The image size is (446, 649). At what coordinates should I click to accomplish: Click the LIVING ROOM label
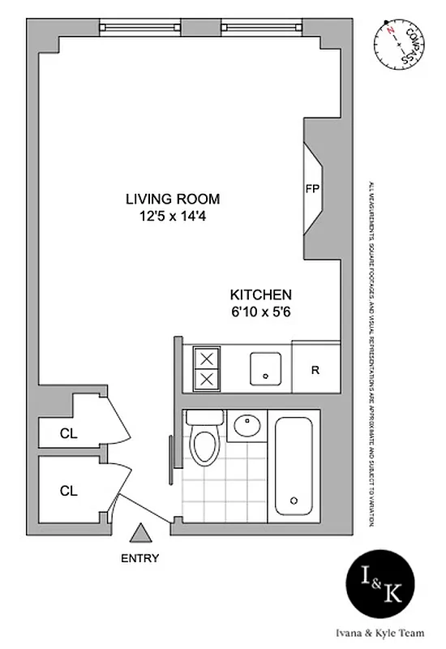[172, 199]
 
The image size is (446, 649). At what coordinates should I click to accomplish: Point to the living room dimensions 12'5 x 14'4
[172, 217]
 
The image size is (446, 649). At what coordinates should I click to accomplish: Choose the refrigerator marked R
[315, 370]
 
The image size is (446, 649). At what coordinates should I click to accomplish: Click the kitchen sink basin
[265, 369]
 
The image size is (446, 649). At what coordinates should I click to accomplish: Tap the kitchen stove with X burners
[207, 368]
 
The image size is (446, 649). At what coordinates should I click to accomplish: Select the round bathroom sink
[246, 425]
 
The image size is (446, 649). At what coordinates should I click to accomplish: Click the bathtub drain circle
[294, 499]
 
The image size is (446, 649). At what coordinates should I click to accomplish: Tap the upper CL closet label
[69, 433]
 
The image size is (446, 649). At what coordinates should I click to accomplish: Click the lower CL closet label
[69, 490]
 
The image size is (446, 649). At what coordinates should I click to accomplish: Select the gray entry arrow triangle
[141, 532]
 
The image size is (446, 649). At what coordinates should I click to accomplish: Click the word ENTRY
[140, 558]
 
